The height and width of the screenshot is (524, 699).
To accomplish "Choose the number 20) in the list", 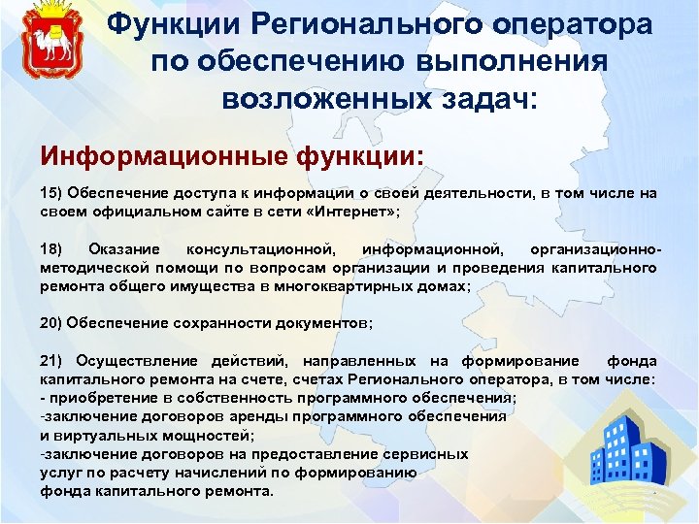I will point(50,323).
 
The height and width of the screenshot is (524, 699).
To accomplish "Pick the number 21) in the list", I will point(50,361).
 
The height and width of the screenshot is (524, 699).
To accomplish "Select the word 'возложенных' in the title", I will point(316,98).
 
